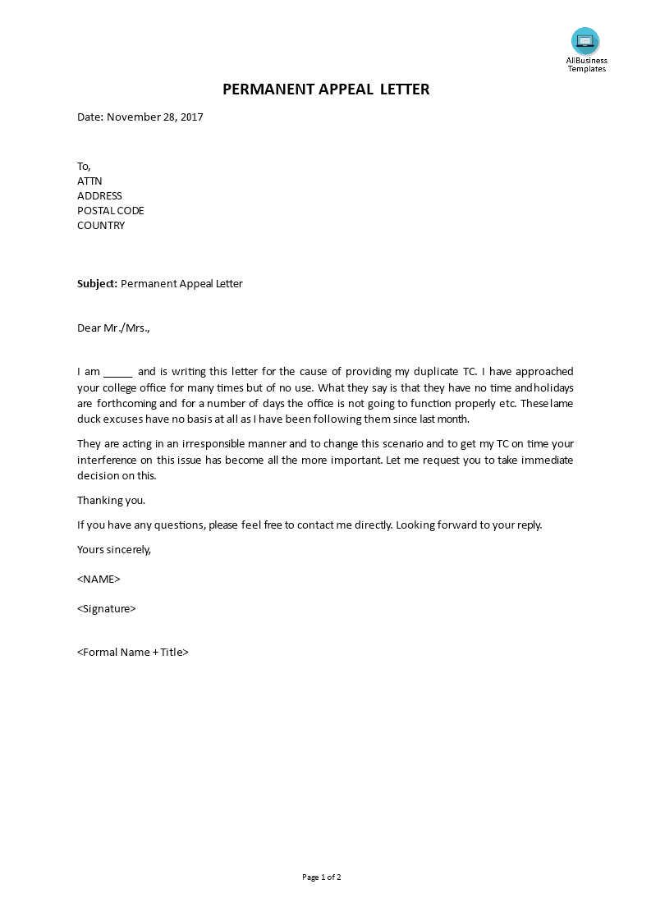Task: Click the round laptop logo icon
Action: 585,41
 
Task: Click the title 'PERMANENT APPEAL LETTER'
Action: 326,89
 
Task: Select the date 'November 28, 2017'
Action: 155,117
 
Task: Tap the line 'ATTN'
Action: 89,181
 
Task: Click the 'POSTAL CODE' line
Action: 111,211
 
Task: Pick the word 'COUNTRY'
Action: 101,226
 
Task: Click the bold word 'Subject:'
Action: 97,284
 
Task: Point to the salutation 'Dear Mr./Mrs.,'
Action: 114,328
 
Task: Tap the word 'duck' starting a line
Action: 89,418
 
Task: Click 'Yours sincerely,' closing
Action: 114,549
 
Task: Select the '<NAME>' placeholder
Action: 99,579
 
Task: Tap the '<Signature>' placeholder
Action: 107,608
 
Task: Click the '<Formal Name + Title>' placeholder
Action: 133,653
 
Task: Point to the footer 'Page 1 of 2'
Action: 321,877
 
